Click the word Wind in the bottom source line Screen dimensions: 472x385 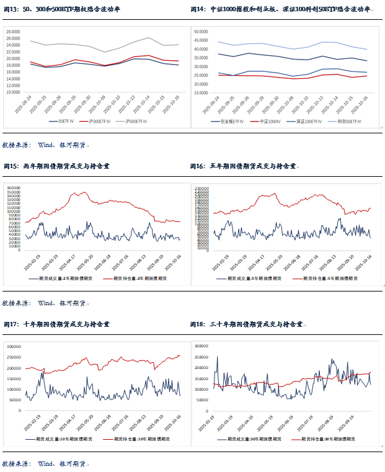coord(47,463)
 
